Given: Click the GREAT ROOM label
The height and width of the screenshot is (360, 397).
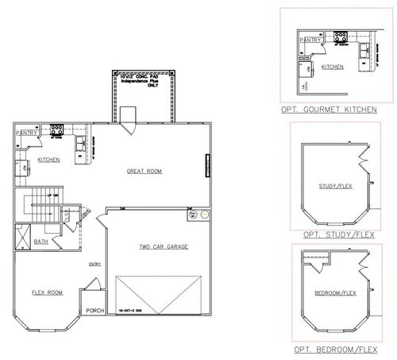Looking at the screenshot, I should coord(145,172).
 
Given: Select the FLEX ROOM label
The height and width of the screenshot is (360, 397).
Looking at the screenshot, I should coord(48,292).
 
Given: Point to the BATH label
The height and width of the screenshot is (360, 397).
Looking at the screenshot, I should coord(40,241).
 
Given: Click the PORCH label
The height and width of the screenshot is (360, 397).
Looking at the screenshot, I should coord(95,310).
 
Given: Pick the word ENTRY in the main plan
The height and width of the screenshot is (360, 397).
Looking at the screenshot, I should coord(95,264).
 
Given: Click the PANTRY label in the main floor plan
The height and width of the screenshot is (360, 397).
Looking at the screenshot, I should coord(26,133).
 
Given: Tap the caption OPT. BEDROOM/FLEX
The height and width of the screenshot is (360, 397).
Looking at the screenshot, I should coord(333,349).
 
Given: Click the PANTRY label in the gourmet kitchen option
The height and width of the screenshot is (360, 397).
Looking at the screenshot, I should coord(311,39).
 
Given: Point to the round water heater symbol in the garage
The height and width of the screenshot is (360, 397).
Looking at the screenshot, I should coord(205,215).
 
